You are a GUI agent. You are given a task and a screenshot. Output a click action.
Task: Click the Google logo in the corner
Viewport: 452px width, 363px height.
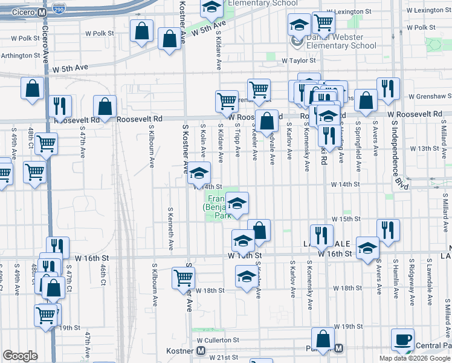coord(20,356)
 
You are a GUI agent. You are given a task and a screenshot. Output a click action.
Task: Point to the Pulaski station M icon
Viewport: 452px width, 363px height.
coord(339,348)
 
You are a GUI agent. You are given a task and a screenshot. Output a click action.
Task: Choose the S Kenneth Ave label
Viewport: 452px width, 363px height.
coord(171,229)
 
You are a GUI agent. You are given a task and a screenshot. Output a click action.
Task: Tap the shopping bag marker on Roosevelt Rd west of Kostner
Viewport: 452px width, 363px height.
coord(105,107)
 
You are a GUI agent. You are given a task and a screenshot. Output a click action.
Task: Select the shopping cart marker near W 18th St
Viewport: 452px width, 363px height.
coord(184,279)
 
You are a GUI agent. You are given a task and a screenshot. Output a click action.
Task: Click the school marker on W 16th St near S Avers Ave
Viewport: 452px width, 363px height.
coord(367,249)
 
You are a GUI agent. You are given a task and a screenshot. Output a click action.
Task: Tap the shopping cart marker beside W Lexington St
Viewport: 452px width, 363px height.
coord(324,24)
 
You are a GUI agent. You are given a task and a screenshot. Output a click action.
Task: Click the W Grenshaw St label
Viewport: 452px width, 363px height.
coord(430,96)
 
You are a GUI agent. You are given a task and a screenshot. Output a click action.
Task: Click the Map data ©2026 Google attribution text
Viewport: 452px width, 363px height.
coord(415,358)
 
